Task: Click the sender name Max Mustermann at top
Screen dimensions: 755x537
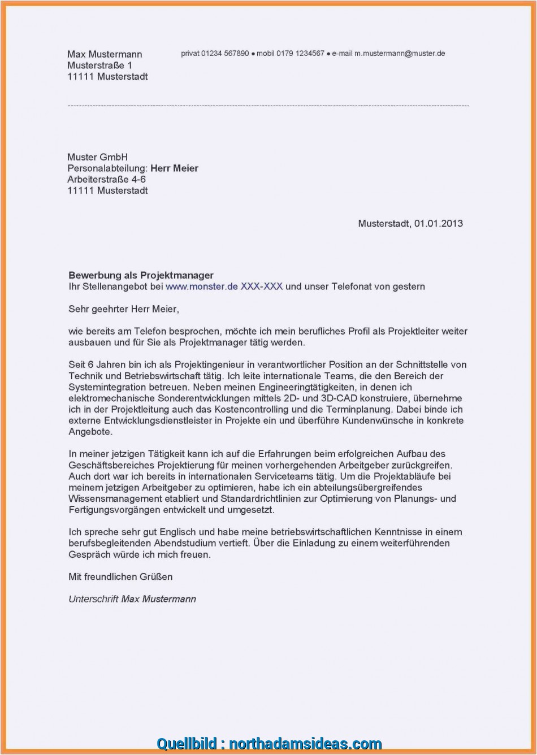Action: [x=105, y=54]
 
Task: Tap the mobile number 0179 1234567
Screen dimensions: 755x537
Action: [x=302, y=54]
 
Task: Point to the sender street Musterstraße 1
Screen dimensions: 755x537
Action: [x=100, y=66]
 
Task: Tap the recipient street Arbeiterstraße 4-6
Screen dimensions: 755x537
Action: [x=107, y=179]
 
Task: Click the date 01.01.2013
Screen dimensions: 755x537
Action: [x=438, y=224]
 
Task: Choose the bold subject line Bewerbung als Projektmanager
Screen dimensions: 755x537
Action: [x=141, y=275]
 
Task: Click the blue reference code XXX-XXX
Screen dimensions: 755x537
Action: [x=262, y=287]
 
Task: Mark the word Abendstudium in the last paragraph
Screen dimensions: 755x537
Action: [x=180, y=543]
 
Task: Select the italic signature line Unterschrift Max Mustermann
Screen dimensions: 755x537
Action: [x=132, y=599]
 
